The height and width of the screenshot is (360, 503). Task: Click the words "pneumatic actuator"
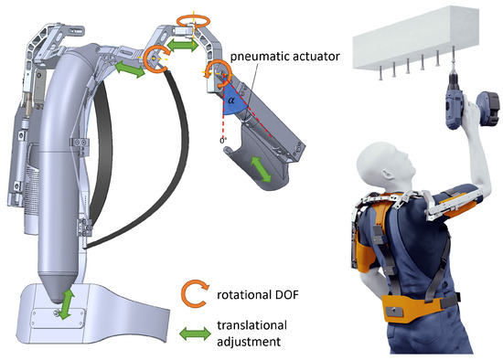(285, 57)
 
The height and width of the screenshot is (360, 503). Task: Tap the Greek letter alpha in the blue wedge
(231, 101)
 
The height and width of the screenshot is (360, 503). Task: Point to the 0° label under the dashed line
(223, 141)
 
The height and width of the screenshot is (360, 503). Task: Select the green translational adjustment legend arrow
(195, 334)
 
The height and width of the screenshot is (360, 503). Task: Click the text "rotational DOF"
(258, 294)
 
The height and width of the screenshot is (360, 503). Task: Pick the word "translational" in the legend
(251, 325)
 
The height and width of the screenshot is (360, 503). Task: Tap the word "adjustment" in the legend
(249, 342)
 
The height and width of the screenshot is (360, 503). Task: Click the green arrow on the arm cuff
(261, 169)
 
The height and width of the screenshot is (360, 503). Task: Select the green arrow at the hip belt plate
(66, 303)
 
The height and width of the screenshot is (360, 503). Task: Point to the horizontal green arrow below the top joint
(183, 45)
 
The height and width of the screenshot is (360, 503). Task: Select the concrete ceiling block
(416, 37)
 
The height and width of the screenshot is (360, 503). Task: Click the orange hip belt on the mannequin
(412, 309)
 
